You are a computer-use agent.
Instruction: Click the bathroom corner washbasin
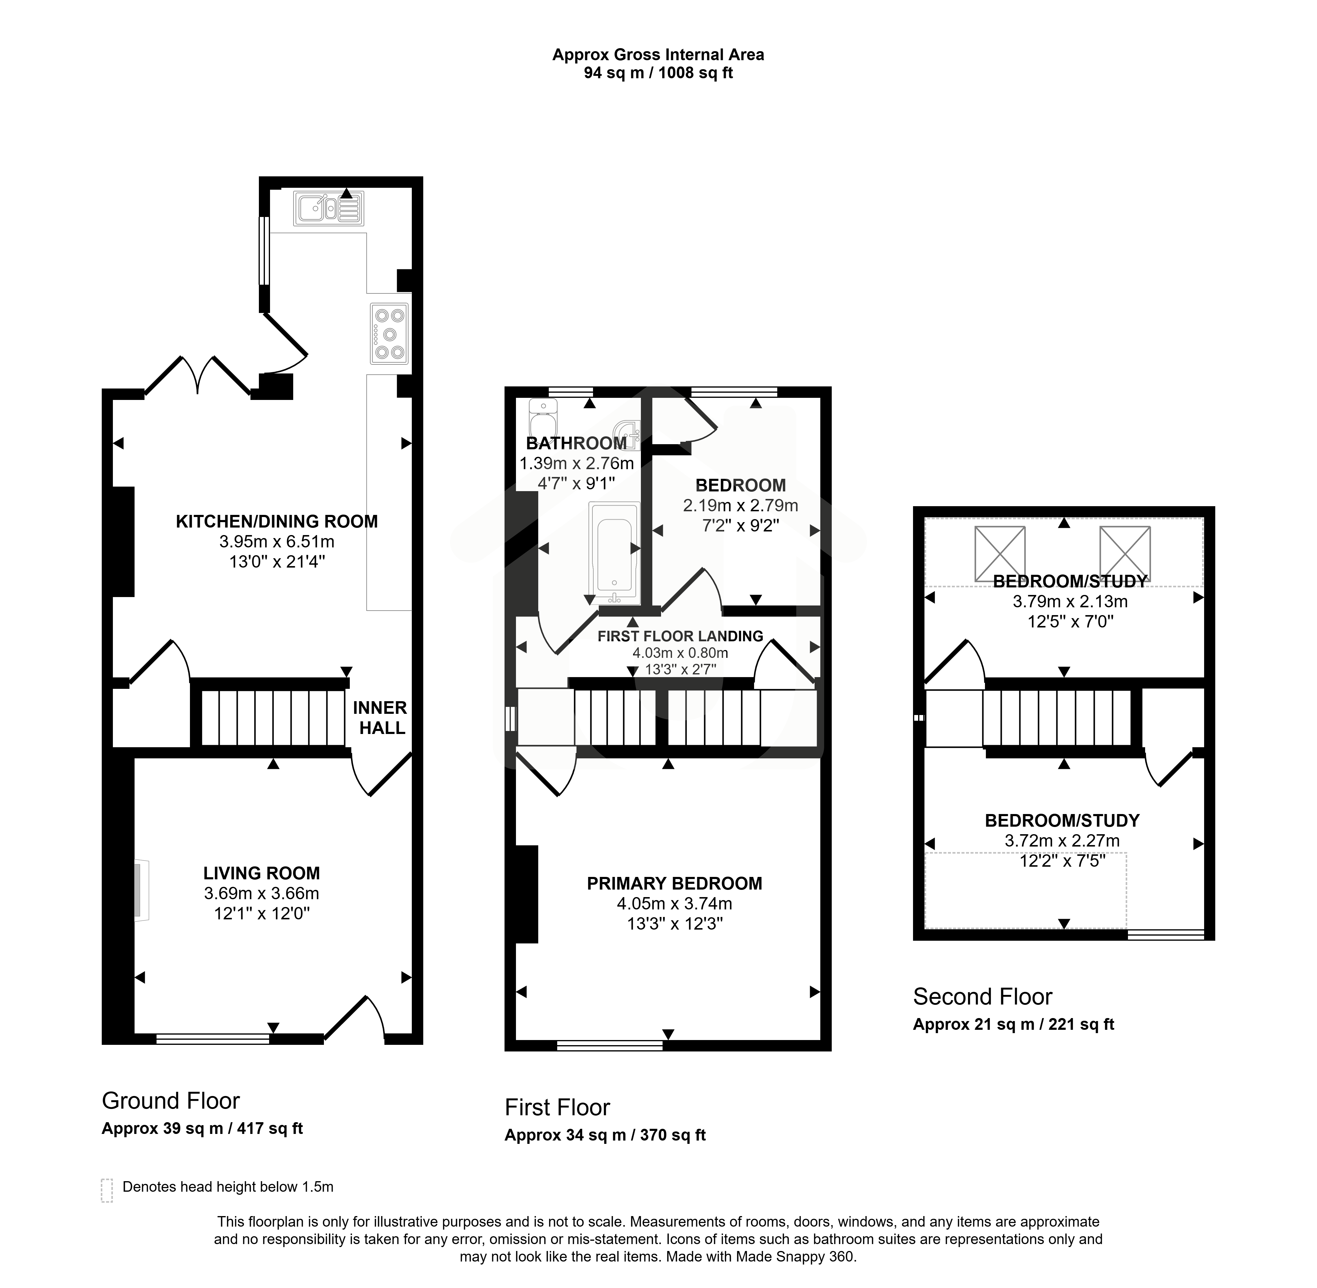[627, 434]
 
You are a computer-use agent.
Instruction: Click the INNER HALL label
[380, 718]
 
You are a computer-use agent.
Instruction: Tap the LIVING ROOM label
[262, 873]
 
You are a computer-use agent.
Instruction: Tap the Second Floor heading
[983, 996]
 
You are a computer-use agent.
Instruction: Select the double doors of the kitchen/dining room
[197, 376]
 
